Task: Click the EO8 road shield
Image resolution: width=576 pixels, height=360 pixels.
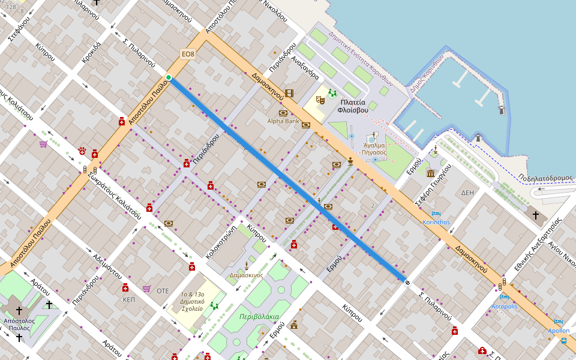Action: (x=188, y=55)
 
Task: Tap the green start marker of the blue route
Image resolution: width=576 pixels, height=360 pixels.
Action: (x=169, y=77)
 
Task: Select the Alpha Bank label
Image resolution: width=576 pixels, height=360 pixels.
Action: (x=283, y=121)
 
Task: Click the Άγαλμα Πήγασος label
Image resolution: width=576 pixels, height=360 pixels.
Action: (x=374, y=148)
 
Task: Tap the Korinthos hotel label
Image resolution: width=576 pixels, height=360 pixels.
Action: (x=436, y=222)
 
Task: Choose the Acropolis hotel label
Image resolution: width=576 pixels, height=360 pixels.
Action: (x=504, y=306)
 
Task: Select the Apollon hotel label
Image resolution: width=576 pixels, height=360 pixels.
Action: (x=559, y=331)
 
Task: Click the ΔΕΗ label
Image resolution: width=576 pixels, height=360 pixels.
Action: (x=467, y=193)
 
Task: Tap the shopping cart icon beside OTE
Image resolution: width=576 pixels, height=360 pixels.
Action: (x=146, y=289)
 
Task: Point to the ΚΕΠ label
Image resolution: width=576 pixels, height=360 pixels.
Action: (x=129, y=299)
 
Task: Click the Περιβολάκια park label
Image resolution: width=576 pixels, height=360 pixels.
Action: (x=259, y=316)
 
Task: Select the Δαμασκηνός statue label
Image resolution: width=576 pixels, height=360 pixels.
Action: (x=246, y=275)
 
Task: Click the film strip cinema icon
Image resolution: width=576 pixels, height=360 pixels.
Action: (x=290, y=93)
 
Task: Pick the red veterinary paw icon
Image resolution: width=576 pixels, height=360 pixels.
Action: (x=82, y=150)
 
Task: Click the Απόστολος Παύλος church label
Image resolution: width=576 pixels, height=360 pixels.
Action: (x=19, y=325)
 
